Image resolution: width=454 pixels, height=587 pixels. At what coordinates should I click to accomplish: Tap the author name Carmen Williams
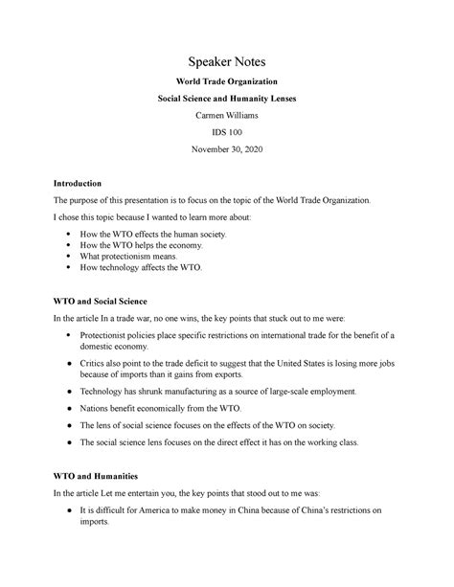(226, 117)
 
